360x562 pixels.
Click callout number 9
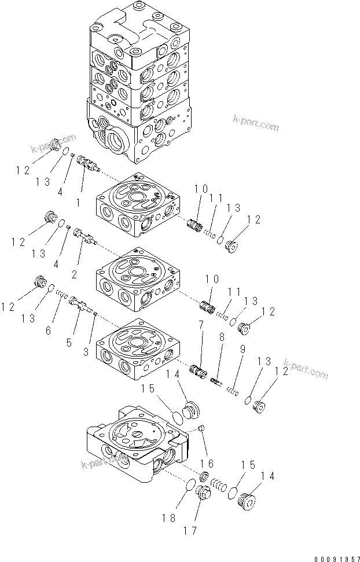243,349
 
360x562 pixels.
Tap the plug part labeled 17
203,495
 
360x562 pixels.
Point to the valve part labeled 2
85,237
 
